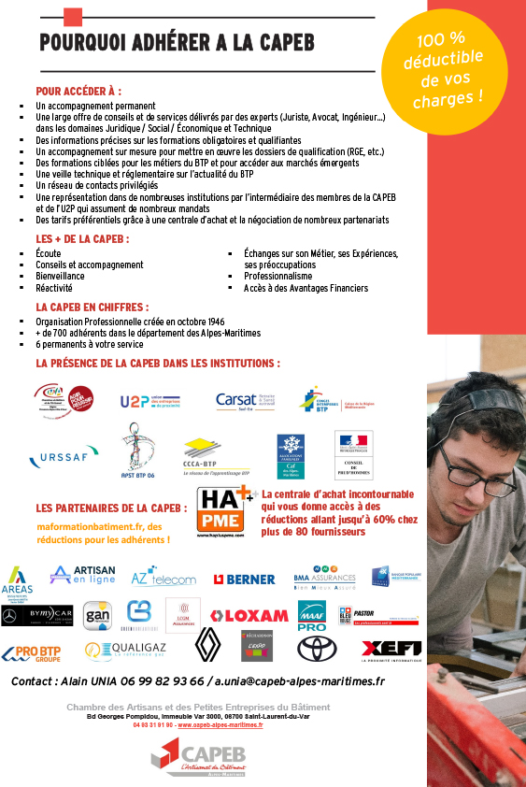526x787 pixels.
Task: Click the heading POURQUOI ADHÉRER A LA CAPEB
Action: (177, 42)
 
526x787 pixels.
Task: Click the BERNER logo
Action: (244, 579)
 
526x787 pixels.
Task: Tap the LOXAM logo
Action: (249, 616)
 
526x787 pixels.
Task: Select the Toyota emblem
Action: (317, 648)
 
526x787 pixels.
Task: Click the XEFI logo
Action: (391, 648)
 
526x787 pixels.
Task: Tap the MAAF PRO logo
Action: (311, 616)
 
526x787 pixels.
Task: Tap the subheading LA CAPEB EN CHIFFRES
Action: (92, 307)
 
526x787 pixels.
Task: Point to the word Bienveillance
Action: (60, 277)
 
